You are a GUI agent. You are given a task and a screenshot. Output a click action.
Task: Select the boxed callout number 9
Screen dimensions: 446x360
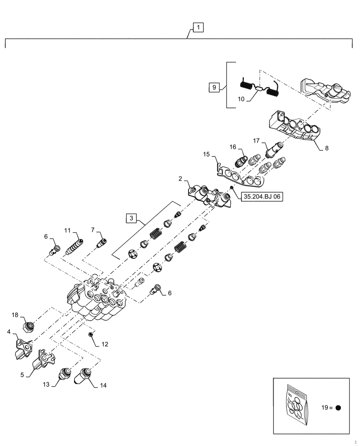pos(213,87)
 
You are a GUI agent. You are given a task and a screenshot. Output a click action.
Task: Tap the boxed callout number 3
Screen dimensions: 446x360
pos(131,218)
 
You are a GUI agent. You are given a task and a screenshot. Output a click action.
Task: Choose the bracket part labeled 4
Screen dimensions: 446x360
pos(22,348)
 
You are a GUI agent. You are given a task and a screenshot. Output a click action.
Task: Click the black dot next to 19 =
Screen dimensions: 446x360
pos(338,408)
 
